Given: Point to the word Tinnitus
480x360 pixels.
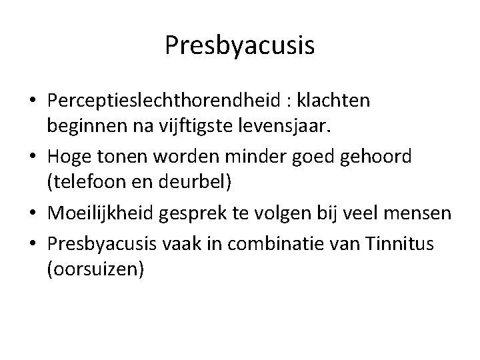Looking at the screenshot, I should coord(399,244).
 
